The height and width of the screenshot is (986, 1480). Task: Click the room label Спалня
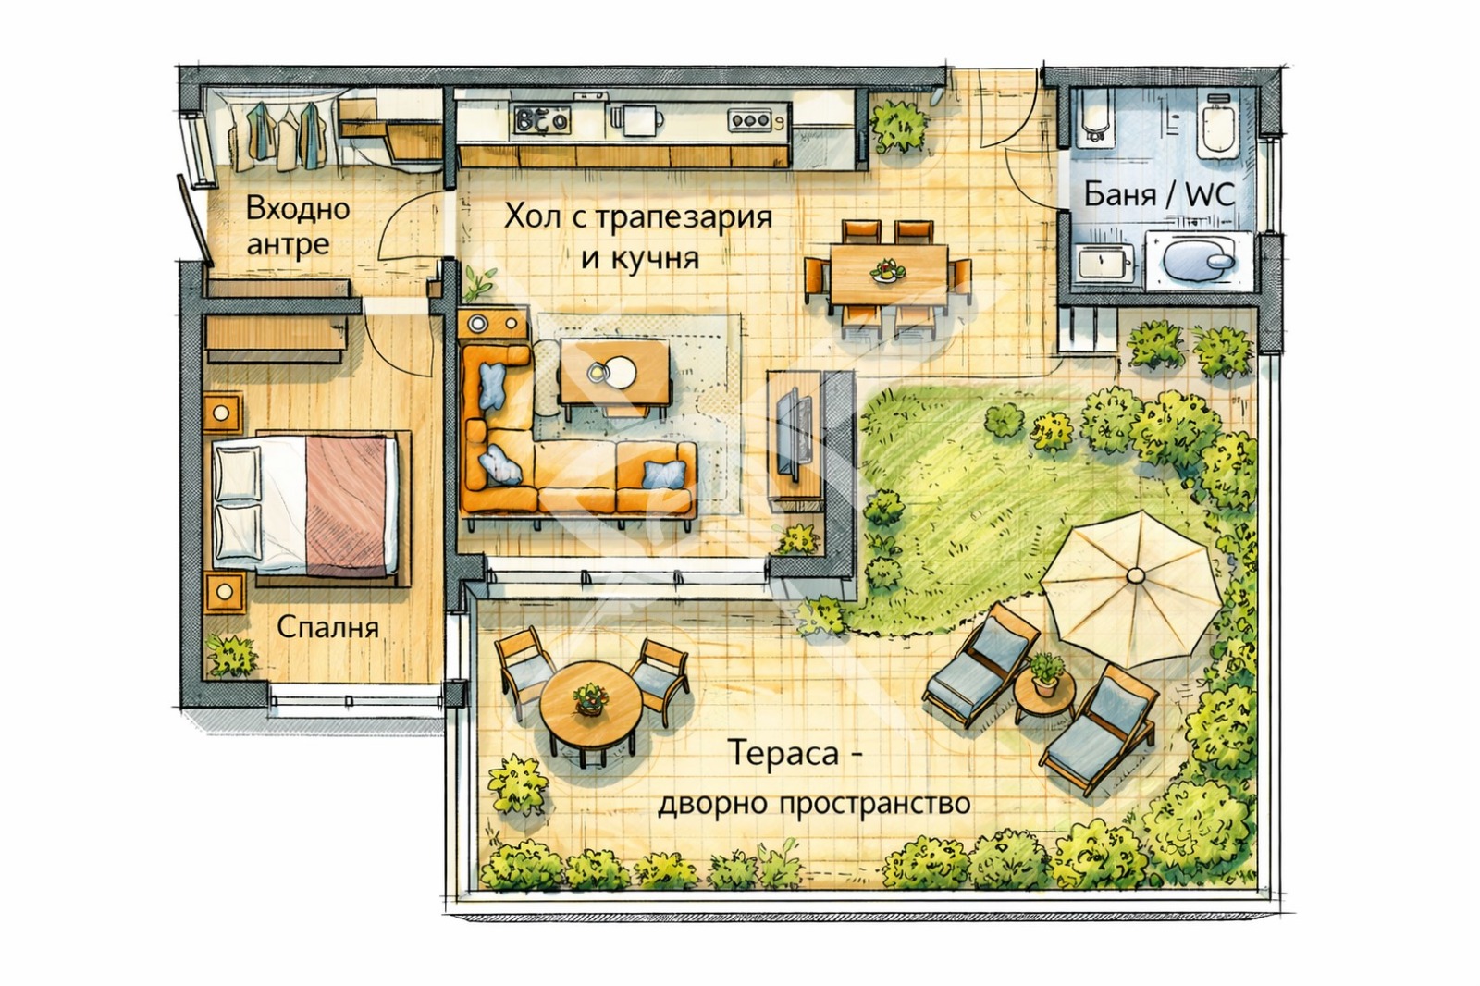[x=327, y=627]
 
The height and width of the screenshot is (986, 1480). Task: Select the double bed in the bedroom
[x=306, y=504]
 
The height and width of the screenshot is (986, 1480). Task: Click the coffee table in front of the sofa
[x=613, y=372]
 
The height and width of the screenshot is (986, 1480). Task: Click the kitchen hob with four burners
[x=542, y=119]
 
